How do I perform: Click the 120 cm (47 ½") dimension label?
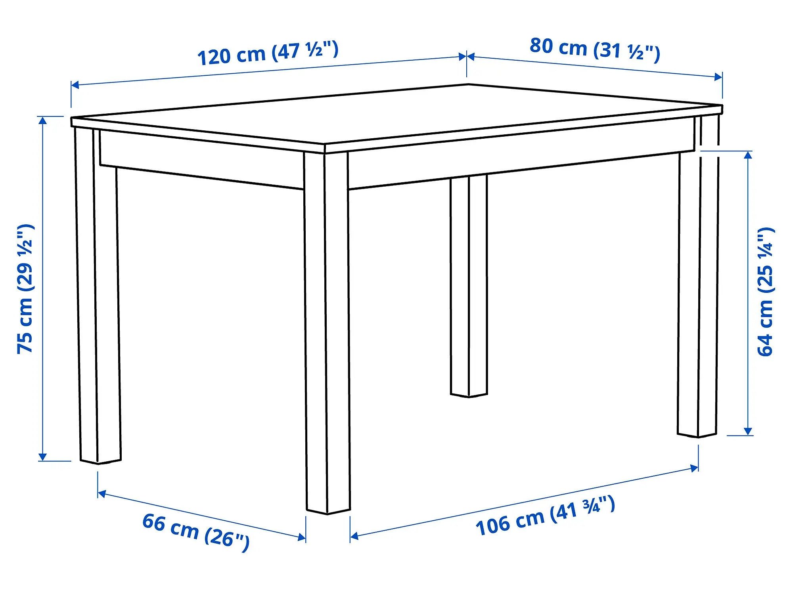click(x=268, y=53)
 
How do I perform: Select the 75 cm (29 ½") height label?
click(x=25, y=288)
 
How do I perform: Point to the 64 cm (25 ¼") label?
click(x=765, y=292)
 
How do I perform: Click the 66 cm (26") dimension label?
click(x=196, y=532)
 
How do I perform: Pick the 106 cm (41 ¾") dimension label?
click(x=546, y=516)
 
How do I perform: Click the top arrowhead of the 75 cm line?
click(x=43, y=120)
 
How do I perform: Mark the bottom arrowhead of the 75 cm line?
click(x=43, y=457)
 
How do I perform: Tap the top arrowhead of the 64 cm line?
click(x=748, y=155)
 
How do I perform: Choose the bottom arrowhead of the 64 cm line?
click(x=748, y=432)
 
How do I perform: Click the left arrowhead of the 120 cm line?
click(x=75, y=85)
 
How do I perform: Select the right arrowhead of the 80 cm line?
click(x=718, y=77)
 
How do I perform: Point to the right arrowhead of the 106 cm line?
click(x=695, y=468)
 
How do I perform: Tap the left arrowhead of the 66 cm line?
click(x=102, y=494)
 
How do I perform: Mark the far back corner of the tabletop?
click(x=468, y=84)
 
